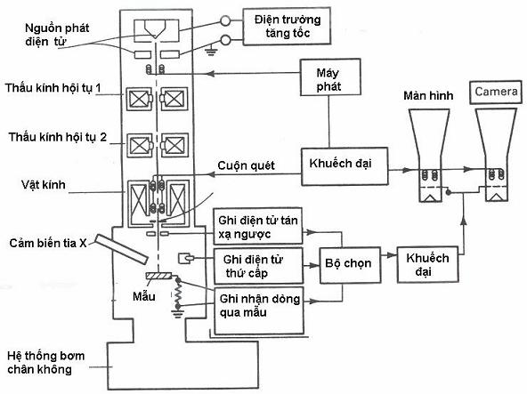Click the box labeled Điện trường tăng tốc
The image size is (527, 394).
[x=287, y=26]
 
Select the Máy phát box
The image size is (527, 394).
[x=330, y=77]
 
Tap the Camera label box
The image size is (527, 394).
[x=496, y=92]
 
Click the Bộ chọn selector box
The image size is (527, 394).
[x=350, y=265]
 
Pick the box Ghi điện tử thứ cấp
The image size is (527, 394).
[x=258, y=266]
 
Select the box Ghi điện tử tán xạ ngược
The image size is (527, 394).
[x=258, y=226]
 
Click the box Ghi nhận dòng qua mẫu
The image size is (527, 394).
[x=259, y=310]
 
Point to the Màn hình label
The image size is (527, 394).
[x=428, y=96]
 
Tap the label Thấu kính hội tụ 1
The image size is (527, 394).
[x=53, y=88]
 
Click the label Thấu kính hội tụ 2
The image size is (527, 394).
[x=58, y=137]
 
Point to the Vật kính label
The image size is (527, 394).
[x=44, y=185]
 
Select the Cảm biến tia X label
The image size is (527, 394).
[x=48, y=243]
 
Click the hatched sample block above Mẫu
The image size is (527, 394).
[x=158, y=276]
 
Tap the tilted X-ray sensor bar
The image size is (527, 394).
[x=121, y=248]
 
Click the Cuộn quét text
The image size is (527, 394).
[x=246, y=165]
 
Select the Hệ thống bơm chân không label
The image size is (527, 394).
[x=45, y=363]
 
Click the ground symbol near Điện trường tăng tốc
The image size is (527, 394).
[x=211, y=52]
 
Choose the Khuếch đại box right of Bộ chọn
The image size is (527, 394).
[x=427, y=265]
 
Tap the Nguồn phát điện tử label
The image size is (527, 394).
[x=57, y=35]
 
